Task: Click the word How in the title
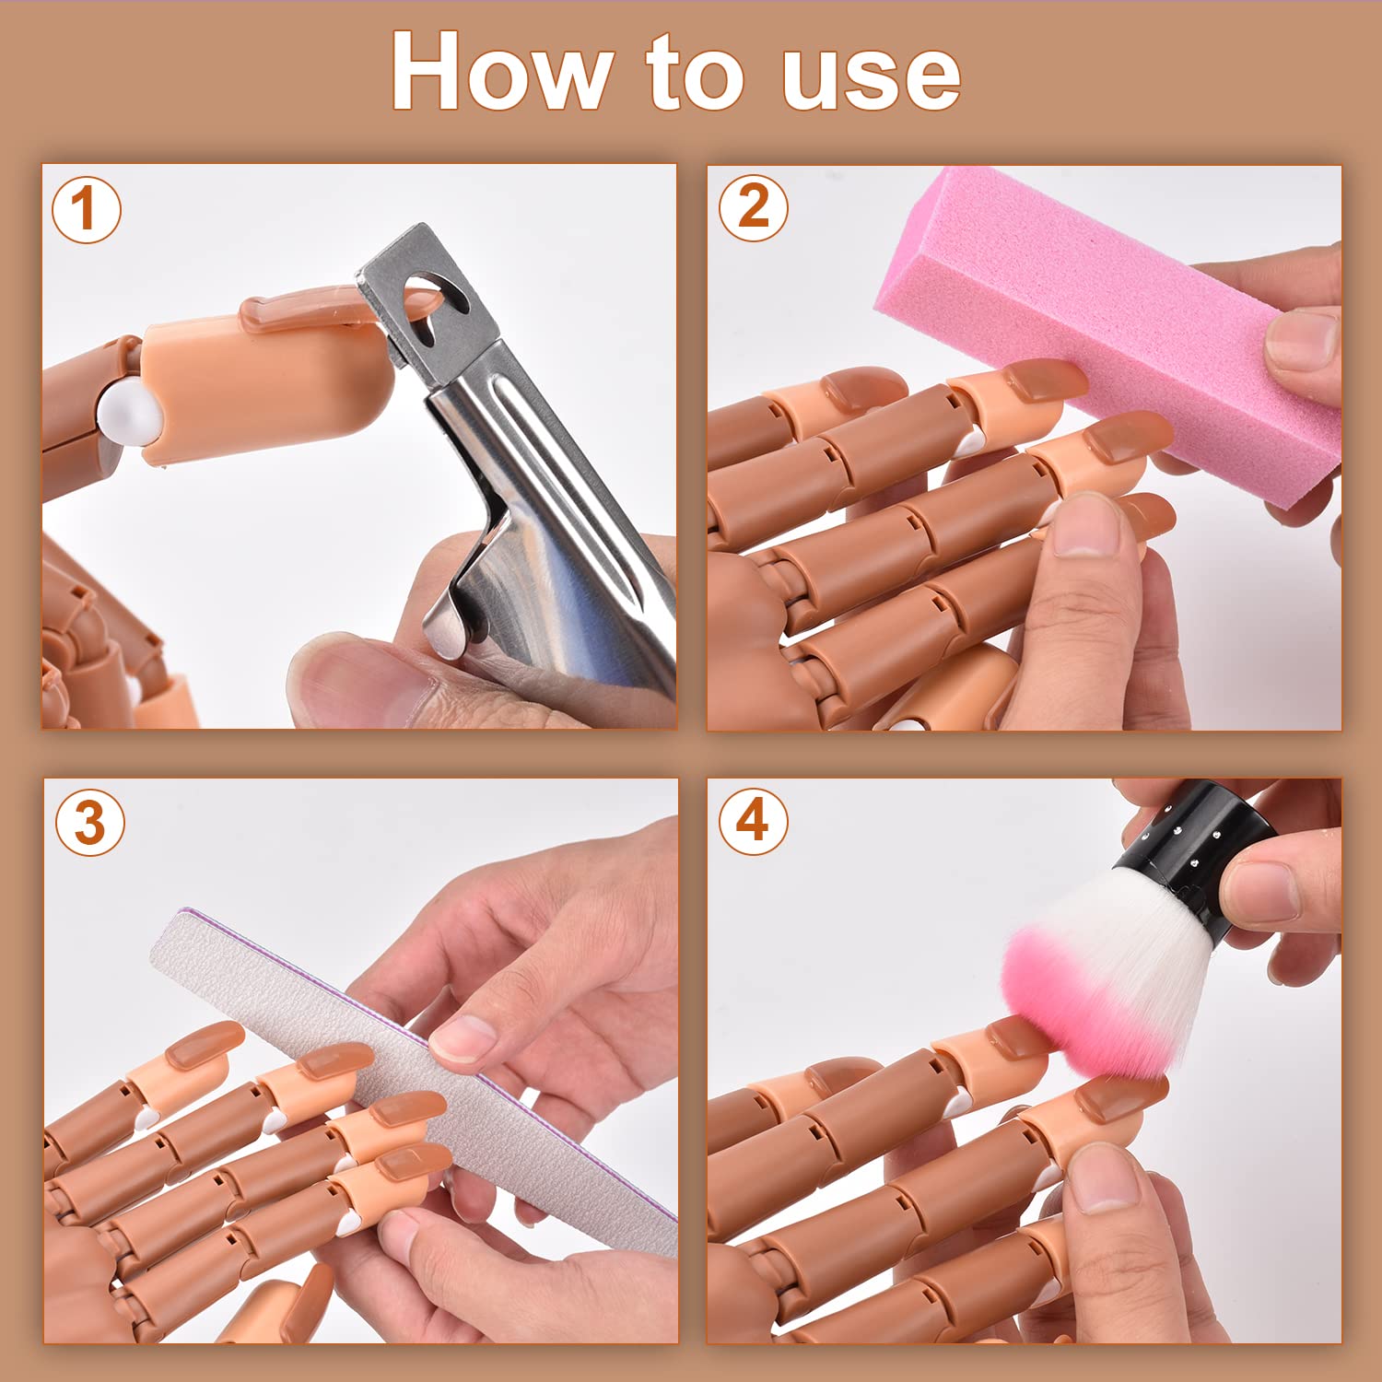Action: point(502,72)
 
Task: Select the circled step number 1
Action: point(86,209)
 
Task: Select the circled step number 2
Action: point(753,207)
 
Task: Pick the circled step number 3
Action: point(89,822)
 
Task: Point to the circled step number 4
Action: point(753,820)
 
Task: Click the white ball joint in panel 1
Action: point(129,415)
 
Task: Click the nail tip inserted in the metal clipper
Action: point(295,309)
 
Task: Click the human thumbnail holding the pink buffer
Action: point(1301,339)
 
